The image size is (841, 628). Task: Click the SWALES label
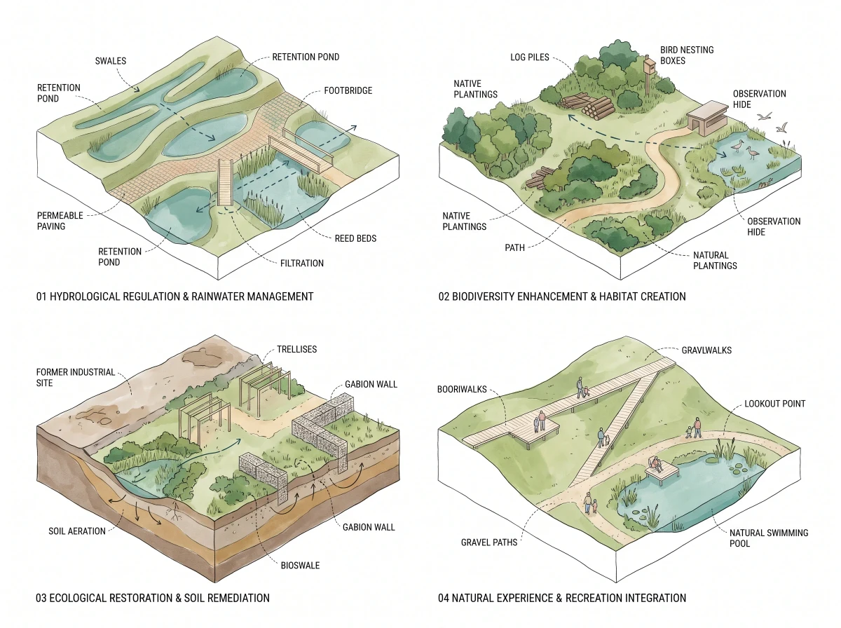pos(110,61)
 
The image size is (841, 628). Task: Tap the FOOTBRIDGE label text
pos(348,91)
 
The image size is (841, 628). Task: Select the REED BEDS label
pos(355,238)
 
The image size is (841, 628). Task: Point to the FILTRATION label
pos(302,264)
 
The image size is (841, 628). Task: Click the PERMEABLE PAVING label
pos(60,221)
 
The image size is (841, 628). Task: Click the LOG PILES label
pos(530,57)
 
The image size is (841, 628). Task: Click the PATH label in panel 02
pos(514,248)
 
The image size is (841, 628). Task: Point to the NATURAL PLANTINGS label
pos(715,261)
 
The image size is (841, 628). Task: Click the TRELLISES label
pos(296,350)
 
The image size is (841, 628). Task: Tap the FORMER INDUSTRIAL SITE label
pos(76,377)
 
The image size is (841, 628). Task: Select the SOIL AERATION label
pos(76,531)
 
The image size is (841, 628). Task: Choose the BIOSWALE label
pos(300,566)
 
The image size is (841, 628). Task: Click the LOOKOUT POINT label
pos(774,404)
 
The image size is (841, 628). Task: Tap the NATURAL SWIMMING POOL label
pos(769,538)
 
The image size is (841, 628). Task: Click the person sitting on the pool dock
pos(657,465)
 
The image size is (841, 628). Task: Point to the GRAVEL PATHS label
pos(489,542)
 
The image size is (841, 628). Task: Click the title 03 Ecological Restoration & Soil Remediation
pos(153,598)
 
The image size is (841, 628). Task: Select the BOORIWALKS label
pos(462,390)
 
